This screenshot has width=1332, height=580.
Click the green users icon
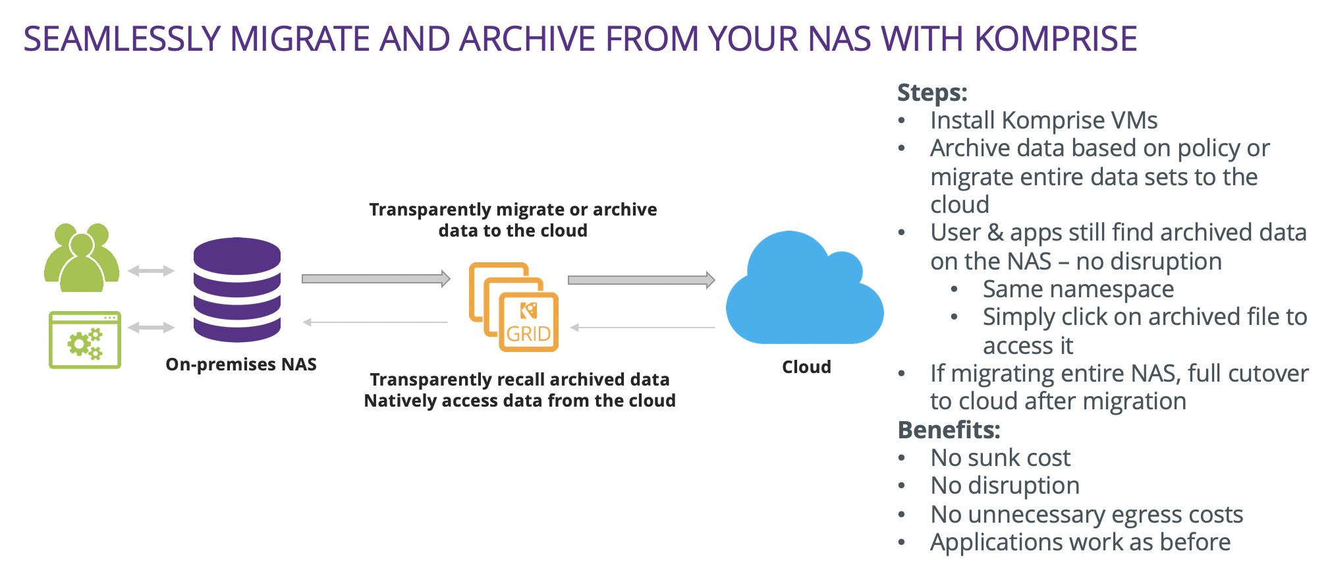[x=82, y=258]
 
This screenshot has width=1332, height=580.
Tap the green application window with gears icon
[x=85, y=340]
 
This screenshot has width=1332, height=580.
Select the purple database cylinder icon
[x=237, y=290]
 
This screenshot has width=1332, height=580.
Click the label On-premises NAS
[x=241, y=364]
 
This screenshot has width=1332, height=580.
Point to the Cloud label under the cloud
[x=806, y=367]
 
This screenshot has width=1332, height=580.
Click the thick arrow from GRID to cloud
[x=641, y=280]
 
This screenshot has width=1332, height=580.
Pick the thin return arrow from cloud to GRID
[x=642, y=327]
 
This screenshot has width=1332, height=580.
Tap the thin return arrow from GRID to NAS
[x=375, y=322]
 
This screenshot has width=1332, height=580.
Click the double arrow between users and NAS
[x=151, y=271]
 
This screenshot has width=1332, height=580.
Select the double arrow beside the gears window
[x=151, y=328]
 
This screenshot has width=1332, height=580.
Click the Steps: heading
[x=932, y=92]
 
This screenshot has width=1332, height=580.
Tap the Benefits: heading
[x=949, y=430]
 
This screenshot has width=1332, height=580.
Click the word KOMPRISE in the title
[x=1055, y=38]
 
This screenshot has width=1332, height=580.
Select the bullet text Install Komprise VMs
[x=1043, y=121]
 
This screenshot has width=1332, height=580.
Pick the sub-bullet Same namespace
[x=1078, y=289]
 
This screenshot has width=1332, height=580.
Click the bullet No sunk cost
[x=1000, y=457]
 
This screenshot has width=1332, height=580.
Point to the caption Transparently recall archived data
[x=520, y=380]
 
